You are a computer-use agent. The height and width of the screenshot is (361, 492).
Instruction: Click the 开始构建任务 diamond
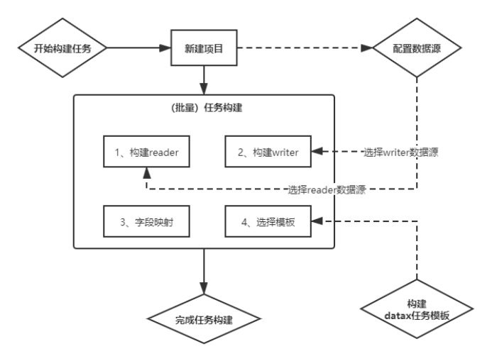62,49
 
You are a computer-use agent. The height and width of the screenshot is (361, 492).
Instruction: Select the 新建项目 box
204,49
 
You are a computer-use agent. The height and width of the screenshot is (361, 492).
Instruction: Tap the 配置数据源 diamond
417,49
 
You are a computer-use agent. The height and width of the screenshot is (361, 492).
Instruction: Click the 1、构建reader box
146,152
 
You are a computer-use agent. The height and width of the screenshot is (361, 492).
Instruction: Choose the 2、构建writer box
268,152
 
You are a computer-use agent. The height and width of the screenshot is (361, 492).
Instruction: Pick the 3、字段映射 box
146,222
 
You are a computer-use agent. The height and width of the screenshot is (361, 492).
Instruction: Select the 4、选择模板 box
268,222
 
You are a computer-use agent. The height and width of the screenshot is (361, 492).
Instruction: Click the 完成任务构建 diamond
204,319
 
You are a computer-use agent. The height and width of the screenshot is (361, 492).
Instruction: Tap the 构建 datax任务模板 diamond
417,310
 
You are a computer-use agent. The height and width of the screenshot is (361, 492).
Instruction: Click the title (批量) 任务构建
203,109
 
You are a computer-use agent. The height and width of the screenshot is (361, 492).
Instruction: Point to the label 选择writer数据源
400,152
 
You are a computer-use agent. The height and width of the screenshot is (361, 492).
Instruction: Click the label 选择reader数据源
327,190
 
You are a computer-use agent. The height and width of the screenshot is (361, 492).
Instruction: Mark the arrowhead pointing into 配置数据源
367,49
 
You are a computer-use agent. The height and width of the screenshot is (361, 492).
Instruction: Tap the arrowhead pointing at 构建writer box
317,152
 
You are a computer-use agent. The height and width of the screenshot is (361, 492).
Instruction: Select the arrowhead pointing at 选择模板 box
317,222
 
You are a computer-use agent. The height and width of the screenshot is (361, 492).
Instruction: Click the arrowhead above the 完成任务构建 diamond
204,289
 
